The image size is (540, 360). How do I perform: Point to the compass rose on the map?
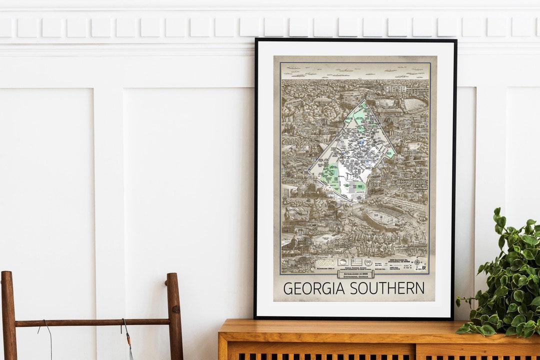pyautogui.click(x=416, y=262)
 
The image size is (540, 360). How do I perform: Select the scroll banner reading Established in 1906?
pyautogui.click(x=355, y=274)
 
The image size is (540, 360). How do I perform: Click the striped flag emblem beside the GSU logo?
pyautogui.click(x=356, y=262)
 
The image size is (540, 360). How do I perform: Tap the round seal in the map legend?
pyautogui.click(x=368, y=262)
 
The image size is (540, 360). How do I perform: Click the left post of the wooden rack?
pyautogui.click(x=8, y=315)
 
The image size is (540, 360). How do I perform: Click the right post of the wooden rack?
pyautogui.click(x=174, y=315)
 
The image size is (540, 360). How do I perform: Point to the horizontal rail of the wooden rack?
pyautogui.click(x=92, y=322)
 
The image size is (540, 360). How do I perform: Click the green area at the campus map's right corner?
pyautogui.click(x=389, y=152)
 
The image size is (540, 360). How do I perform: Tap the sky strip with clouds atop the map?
pyautogui.click(x=355, y=70)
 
